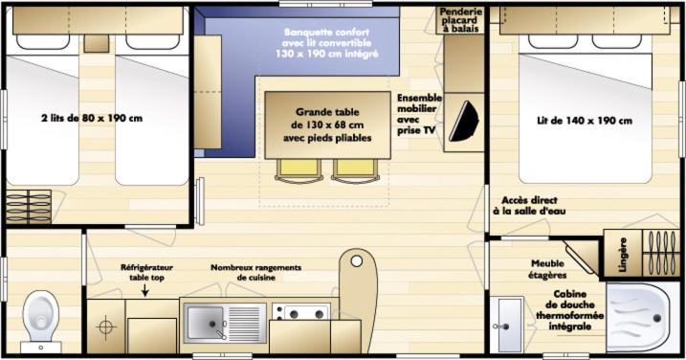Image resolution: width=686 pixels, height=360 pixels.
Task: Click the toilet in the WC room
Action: (41, 320)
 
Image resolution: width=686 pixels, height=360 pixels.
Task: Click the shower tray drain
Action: (656, 319)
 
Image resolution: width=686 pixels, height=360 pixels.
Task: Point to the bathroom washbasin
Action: (507, 325)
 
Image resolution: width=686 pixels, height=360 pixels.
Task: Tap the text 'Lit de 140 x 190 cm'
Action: (585, 121)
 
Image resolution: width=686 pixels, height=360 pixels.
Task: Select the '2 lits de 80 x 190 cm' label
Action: (92, 118)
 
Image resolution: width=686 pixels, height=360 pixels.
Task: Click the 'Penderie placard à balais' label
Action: (461, 20)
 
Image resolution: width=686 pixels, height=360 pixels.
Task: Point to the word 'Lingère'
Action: (623, 255)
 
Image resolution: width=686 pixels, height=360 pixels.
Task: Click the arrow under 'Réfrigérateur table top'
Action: (144, 290)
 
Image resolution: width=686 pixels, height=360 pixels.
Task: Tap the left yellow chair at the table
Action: (299, 170)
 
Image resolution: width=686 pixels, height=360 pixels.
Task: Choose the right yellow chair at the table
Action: (355, 170)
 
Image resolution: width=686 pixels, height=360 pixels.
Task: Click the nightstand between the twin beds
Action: (97, 43)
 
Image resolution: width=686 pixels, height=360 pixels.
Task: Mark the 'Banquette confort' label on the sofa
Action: (327, 33)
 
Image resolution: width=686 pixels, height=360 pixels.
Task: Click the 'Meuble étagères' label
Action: (547, 269)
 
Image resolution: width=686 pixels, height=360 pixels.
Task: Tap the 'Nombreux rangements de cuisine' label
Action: (256, 273)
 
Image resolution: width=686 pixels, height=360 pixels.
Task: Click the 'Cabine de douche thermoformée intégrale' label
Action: (570, 310)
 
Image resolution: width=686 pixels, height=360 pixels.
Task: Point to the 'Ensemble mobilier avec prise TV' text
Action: (419, 114)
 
